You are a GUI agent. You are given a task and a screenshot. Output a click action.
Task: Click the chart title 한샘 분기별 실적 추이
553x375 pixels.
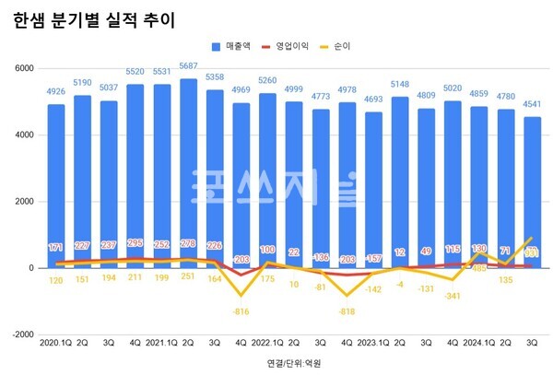pyautogui.click(x=94, y=19)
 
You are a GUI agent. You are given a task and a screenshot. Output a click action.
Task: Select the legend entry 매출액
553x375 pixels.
pyautogui.click(x=239, y=45)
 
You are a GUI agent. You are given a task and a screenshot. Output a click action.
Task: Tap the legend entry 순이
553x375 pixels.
pyautogui.click(x=348, y=45)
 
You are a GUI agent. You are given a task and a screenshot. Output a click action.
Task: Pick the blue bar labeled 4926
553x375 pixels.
pyautogui.click(x=57, y=184)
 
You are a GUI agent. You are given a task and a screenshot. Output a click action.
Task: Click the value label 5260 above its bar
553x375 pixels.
pyautogui.click(x=266, y=79)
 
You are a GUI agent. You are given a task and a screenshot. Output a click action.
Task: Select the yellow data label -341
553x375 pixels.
pyautogui.click(x=453, y=297)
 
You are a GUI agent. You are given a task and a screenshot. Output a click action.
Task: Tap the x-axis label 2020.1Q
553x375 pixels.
pyautogui.click(x=57, y=343)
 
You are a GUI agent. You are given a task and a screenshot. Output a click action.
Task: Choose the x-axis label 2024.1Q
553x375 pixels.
pyautogui.click(x=479, y=343)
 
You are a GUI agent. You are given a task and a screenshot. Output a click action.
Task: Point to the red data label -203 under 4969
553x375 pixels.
pyautogui.click(x=241, y=260)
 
